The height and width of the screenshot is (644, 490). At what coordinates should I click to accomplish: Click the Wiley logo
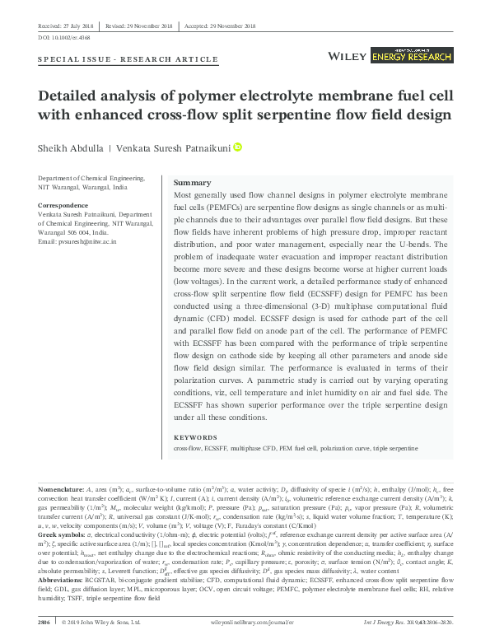pos(347,55)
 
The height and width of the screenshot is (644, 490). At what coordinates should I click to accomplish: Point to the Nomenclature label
pos(60,488)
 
